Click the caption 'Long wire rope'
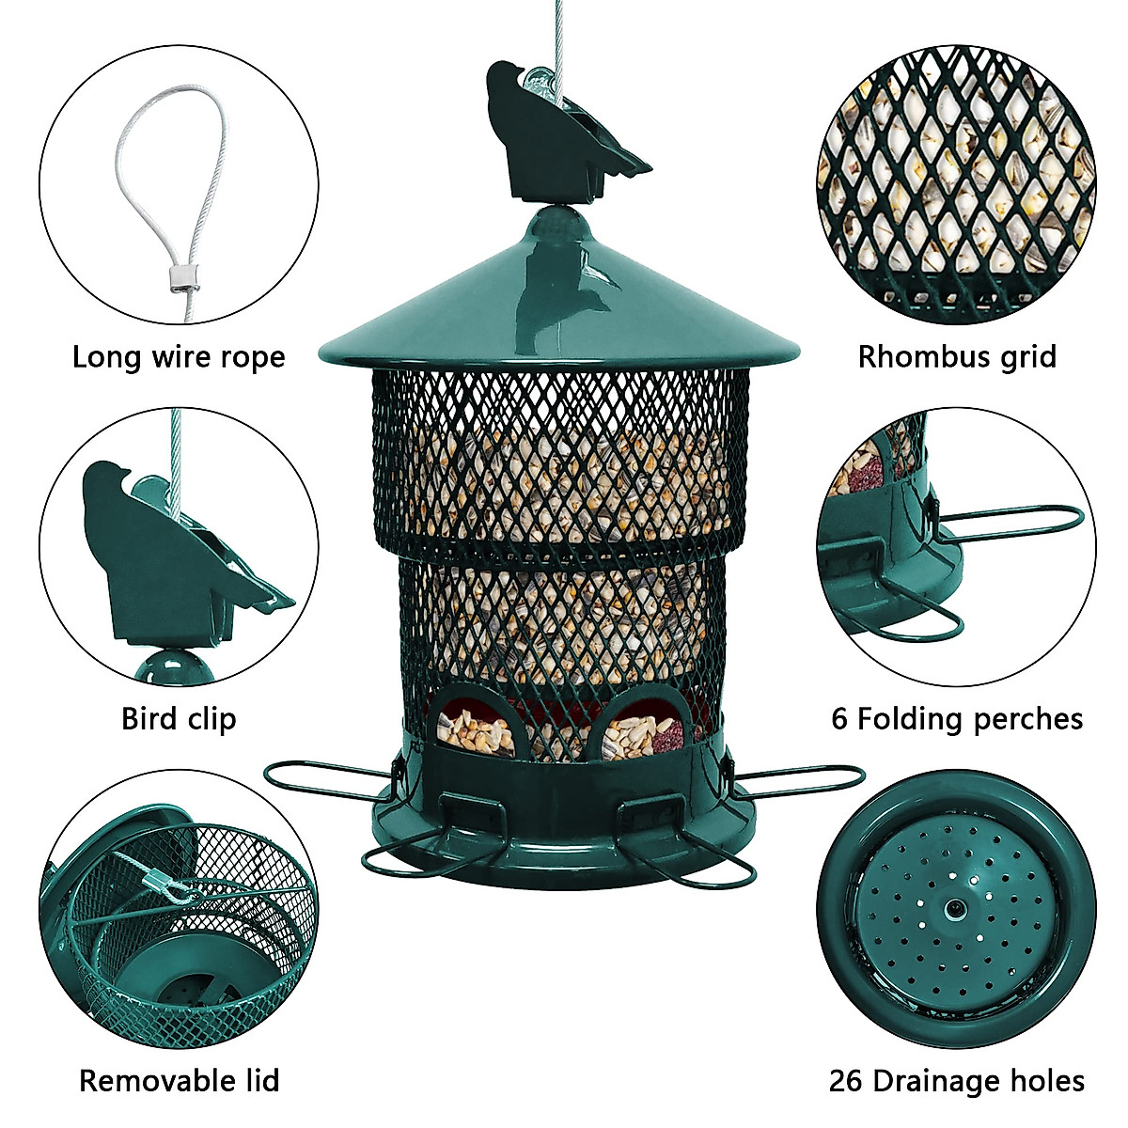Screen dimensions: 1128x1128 (x=179, y=357)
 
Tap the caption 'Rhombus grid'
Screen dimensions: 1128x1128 (x=957, y=357)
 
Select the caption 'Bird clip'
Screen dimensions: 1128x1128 (x=179, y=719)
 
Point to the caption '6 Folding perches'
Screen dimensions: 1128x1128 (x=957, y=719)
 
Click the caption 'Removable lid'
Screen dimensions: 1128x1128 (x=179, y=1081)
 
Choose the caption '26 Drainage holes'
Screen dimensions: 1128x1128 (x=957, y=1081)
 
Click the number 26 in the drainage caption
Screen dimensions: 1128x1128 (x=847, y=1081)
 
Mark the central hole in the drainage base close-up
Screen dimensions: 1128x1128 (x=953, y=908)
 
